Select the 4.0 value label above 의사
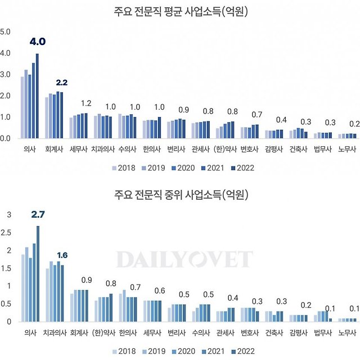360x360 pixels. [x=37, y=42]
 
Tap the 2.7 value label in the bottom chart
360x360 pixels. [x=37, y=214]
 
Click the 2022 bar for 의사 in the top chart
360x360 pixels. [x=37, y=96]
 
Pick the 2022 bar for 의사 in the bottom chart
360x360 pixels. [x=38, y=273]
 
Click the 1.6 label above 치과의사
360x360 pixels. [x=62, y=255]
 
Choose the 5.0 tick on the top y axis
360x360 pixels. [x=5, y=31]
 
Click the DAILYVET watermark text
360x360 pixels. [x=184, y=259]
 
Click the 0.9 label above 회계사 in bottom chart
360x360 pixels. [x=87, y=280]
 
